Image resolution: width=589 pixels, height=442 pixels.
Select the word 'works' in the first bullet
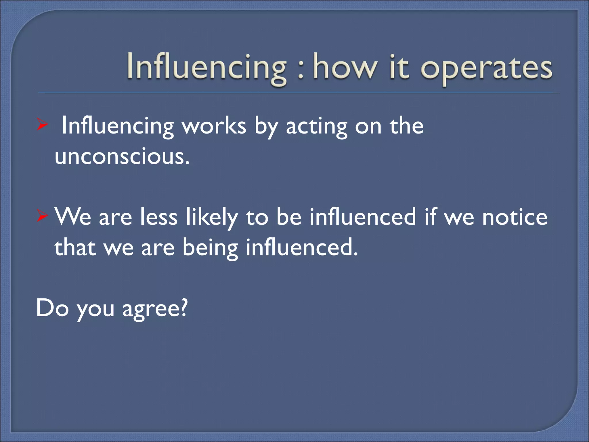click(214, 126)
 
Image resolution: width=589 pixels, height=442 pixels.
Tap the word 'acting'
click(316, 127)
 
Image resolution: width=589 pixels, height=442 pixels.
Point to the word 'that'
click(75, 247)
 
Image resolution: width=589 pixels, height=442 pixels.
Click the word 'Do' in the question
click(52, 308)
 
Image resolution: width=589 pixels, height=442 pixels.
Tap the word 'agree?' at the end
click(155, 308)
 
